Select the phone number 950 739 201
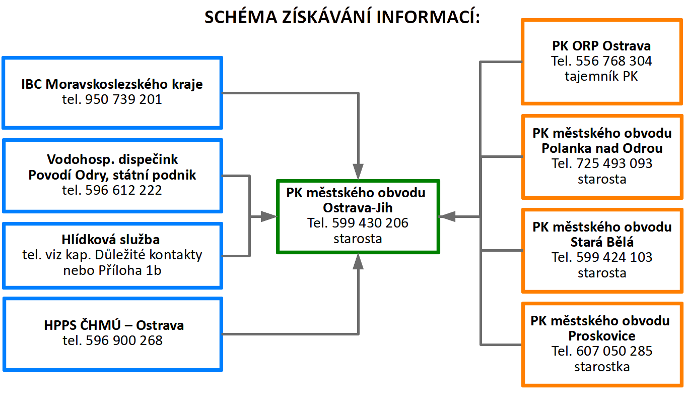tap(124, 99)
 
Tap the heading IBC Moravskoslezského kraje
tap(112, 84)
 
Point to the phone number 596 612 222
tap(124, 190)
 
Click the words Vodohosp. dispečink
tap(112, 160)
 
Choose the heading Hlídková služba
tap(112, 240)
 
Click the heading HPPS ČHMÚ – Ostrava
tap(114, 325)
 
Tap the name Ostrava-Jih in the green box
tap(358, 207)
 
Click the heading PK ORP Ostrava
tap(601, 46)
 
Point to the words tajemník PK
tap(601, 76)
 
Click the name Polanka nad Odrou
tap(602, 148)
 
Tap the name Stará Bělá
tap(602, 242)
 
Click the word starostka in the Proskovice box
tap(602, 366)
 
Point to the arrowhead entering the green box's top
tap(358, 172)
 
